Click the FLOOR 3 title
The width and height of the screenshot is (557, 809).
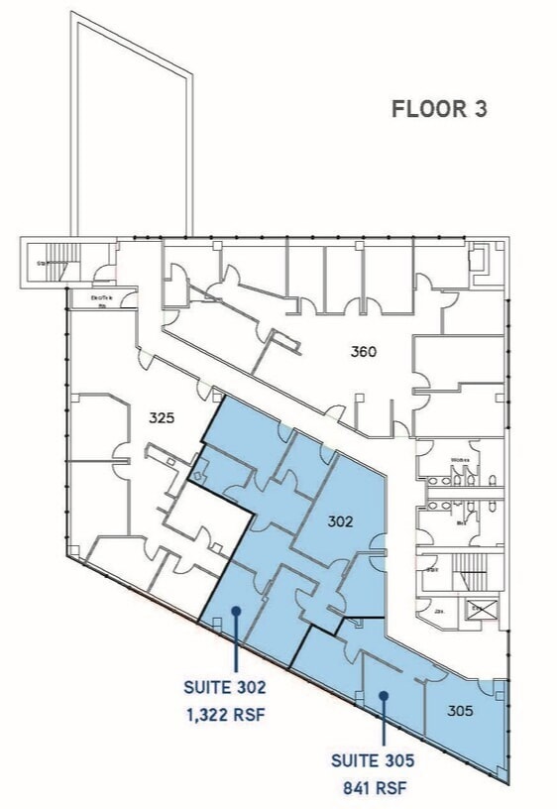pos(439,109)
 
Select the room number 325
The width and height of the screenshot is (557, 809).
pos(162,417)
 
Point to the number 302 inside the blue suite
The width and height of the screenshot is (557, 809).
pos(340,520)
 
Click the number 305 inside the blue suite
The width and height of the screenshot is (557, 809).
pos(460,710)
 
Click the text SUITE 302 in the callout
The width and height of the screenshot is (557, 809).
pos(224,685)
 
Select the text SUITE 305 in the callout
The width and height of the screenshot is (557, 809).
pos(373,761)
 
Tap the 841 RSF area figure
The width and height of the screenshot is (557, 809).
pos(373,789)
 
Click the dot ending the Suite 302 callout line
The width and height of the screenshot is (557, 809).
pos(236,611)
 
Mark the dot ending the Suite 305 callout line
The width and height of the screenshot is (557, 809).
pos(384,697)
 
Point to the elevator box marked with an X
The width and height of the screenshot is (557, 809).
pos(480,611)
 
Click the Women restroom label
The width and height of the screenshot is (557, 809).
pos(460,461)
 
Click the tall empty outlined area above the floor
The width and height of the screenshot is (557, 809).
pos(131,129)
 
